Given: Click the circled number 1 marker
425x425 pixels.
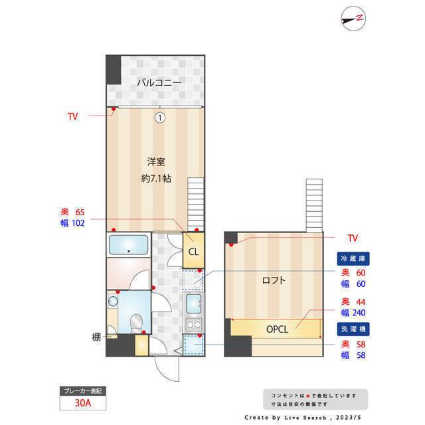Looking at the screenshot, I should (159, 118).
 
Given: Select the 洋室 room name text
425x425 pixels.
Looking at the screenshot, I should (156, 161).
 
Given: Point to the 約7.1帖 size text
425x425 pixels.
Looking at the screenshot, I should (157, 178).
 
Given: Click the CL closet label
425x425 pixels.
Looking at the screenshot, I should (193, 252).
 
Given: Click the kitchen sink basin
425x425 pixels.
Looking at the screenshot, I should (193, 304).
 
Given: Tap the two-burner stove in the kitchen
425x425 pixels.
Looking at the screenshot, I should (193, 325).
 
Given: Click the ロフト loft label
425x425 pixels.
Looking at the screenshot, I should (274, 280).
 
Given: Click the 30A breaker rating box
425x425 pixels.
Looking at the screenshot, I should (82, 402).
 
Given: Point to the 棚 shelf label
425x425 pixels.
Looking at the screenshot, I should (96, 337).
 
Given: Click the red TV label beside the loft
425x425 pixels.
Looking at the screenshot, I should (353, 238).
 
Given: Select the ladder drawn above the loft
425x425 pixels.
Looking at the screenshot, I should (313, 204).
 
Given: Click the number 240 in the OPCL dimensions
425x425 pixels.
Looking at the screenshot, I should (359, 313).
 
